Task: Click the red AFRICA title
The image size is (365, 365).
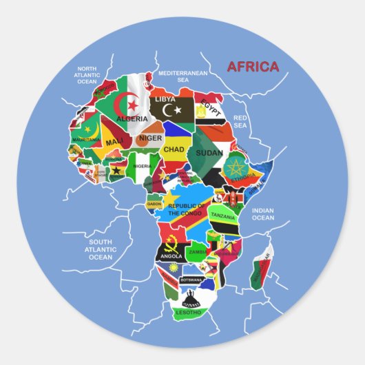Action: [x=253, y=67]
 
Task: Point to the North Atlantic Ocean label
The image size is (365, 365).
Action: [x=87, y=75]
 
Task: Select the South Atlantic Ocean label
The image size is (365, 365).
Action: [x=101, y=249]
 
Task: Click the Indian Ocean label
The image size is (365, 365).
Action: [x=262, y=213]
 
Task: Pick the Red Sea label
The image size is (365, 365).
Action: [x=240, y=121]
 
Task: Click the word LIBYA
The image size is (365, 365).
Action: [x=165, y=99]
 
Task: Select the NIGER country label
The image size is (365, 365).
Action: [x=151, y=138]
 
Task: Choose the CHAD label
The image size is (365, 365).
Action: [x=173, y=148]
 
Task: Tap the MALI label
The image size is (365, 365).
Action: [x=114, y=142]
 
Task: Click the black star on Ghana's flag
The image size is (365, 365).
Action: [x=117, y=171]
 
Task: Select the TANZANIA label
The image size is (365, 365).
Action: [x=223, y=216]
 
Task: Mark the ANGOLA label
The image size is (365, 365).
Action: [x=171, y=255]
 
